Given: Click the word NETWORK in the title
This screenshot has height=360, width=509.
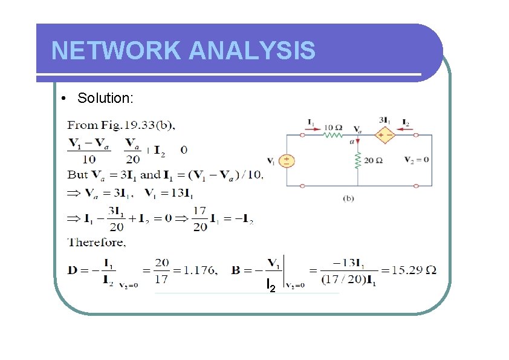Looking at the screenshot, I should [115, 51].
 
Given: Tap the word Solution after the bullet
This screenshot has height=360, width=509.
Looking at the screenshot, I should [105, 98].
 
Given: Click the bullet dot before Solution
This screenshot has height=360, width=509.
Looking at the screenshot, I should [63, 99].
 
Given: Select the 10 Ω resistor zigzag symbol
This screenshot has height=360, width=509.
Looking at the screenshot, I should [332, 134].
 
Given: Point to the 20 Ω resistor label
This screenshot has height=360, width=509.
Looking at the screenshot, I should [373, 160].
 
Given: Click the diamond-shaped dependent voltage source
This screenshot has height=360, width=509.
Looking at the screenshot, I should [384, 135].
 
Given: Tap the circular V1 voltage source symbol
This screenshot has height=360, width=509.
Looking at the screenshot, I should [286, 160].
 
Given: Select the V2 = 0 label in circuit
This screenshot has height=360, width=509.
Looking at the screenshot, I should [417, 160].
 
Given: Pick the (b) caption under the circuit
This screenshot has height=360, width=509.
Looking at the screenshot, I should [349, 197].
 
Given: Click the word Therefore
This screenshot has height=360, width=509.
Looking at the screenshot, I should [97, 243].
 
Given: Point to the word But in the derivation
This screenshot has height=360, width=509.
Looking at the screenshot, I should [77, 175].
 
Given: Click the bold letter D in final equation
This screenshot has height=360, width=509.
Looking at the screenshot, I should [72, 270].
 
